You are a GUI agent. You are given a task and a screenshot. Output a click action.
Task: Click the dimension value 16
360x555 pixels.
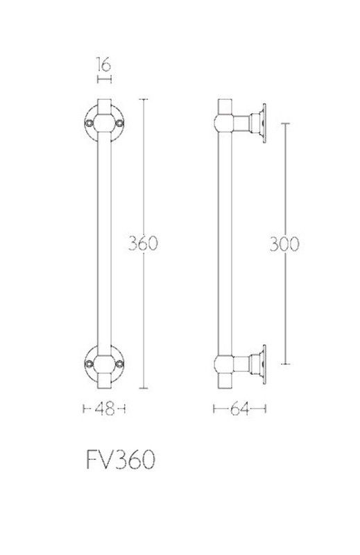104,65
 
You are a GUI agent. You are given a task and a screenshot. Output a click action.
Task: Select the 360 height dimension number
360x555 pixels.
142,244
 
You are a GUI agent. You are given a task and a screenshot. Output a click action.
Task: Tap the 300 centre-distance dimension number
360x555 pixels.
284,244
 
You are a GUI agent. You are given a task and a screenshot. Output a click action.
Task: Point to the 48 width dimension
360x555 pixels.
105,409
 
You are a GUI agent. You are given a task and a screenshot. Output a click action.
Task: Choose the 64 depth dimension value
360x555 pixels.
239,409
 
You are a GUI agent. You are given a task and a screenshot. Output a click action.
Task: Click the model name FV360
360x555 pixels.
121,460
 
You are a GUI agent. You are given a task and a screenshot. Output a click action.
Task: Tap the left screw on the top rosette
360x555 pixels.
89,123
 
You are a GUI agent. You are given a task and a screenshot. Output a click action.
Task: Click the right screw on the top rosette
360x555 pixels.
120,123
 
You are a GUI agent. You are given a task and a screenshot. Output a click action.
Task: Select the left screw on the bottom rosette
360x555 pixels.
89,364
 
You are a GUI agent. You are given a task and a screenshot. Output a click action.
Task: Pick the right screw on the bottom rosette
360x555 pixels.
120,364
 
